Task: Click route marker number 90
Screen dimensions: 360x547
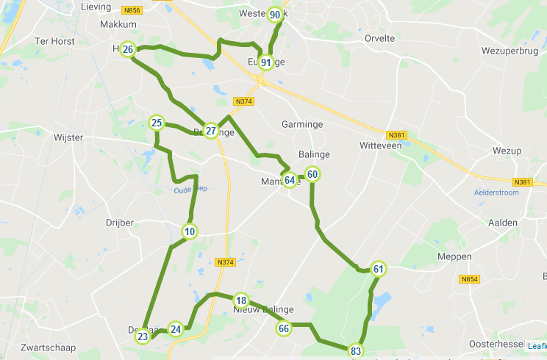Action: (275, 15)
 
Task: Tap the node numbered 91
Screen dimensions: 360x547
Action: (266, 62)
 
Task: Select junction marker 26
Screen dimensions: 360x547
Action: (128, 50)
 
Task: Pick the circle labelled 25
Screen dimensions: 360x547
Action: (157, 123)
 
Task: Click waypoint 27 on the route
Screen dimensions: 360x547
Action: (211, 131)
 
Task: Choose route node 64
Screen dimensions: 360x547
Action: (290, 180)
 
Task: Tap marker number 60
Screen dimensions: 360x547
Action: (312, 174)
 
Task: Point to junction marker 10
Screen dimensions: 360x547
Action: (190, 232)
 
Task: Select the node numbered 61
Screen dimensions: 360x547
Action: (378, 269)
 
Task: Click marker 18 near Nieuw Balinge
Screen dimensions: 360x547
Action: (241, 300)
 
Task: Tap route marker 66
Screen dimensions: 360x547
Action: (284, 328)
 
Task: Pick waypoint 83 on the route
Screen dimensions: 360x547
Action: (357, 351)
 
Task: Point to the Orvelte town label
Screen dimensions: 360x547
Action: (380, 38)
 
